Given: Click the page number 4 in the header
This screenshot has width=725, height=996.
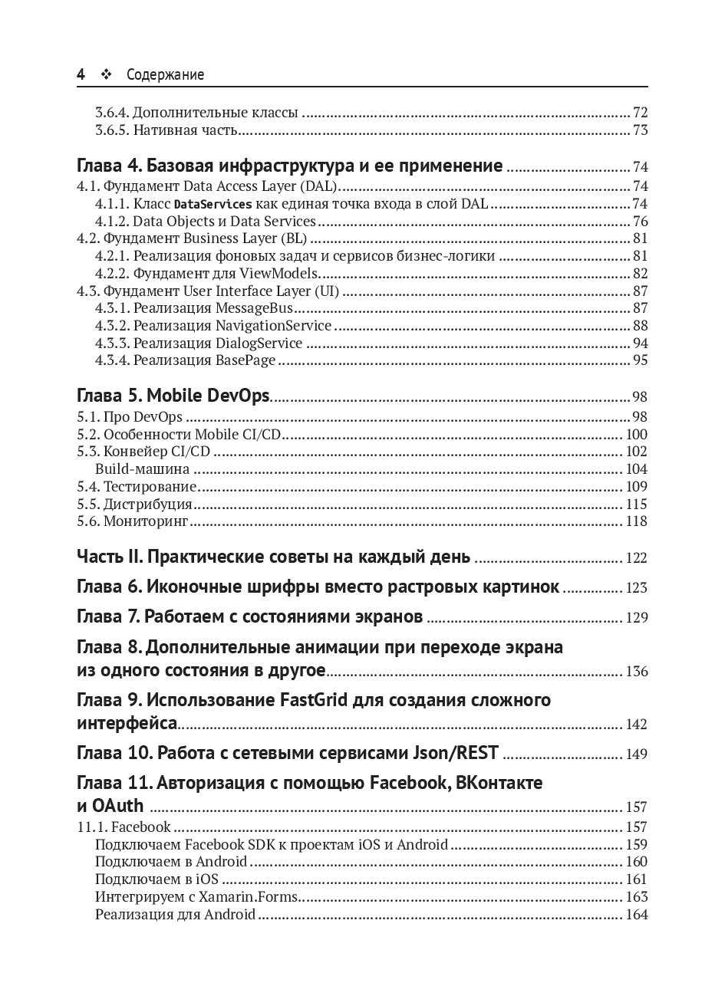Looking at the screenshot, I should (x=81, y=74).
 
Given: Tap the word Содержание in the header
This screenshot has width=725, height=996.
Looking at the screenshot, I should (x=165, y=75).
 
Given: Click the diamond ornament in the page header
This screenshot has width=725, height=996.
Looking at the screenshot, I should (x=106, y=74).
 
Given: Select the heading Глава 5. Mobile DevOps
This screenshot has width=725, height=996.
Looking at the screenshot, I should (x=173, y=396).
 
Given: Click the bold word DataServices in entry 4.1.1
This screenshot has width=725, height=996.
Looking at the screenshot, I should (x=213, y=205).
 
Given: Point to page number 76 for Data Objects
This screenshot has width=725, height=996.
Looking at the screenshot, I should (x=640, y=222).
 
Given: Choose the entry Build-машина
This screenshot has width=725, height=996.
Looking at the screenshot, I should (x=142, y=469).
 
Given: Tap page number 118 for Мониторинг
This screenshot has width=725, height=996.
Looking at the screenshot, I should (x=637, y=521).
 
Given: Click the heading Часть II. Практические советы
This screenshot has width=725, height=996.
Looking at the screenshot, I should (x=274, y=557).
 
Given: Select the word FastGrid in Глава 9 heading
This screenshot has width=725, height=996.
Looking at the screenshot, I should (x=314, y=700).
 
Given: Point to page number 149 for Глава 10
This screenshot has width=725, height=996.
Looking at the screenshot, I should (x=637, y=754).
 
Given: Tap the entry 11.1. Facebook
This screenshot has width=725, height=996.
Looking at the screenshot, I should (x=124, y=827).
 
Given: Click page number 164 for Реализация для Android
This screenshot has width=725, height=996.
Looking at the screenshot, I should (x=637, y=914).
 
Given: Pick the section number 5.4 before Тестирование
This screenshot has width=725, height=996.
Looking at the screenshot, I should (x=88, y=486).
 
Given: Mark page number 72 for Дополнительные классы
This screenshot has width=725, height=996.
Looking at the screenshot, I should (x=640, y=113).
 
